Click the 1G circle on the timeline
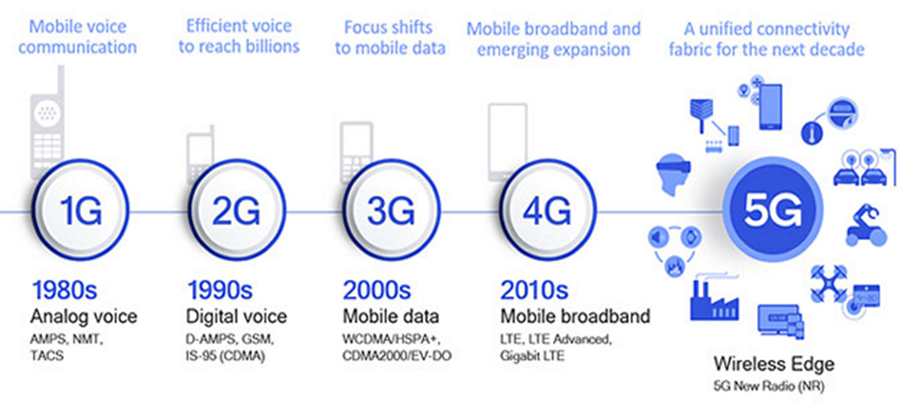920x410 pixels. pyautogui.click(x=79, y=211)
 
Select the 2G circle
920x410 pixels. pyautogui.click(x=236, y=211)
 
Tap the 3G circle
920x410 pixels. pyautogui.click(x=391, y=211)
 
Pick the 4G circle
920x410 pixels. pyautogui.click(x=546, y=211)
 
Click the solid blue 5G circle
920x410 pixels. pyautogui.click(x=772, y=212)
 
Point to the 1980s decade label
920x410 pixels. pyautogui.click(x=64, y=291)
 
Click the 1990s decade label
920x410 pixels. pyautogui.click(x=221, y=291)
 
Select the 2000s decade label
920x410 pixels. pyautogui.click(x=376, y=291)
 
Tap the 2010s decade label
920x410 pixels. pyautogui.click(x=534, y=291)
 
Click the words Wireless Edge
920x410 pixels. pyautogui.click(x=773, y=364)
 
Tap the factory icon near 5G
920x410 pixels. pyautogui.click(x=714, y=297)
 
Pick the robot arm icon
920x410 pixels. pyautogui.click(x=864, y=224)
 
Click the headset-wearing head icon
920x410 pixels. pyautogui.click(x=673, y=174)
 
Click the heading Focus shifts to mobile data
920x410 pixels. pyautogui.click(x=390, y=38)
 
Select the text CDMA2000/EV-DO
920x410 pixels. pyautogui.click(x=397, y=356)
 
